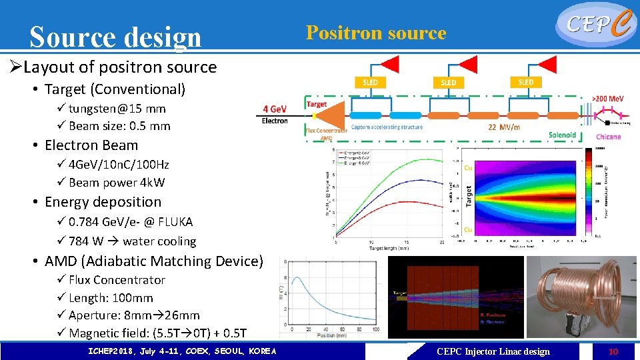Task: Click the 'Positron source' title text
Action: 376,33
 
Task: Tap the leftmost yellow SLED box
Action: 371,82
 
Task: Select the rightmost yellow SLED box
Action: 525,82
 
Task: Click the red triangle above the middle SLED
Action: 467,64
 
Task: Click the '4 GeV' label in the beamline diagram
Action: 275,109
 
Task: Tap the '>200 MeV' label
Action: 608,97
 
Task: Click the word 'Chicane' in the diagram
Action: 608,137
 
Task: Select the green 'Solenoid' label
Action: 562,135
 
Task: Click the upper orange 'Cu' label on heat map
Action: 468,168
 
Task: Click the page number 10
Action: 614,351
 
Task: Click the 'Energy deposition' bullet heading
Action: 103,202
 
